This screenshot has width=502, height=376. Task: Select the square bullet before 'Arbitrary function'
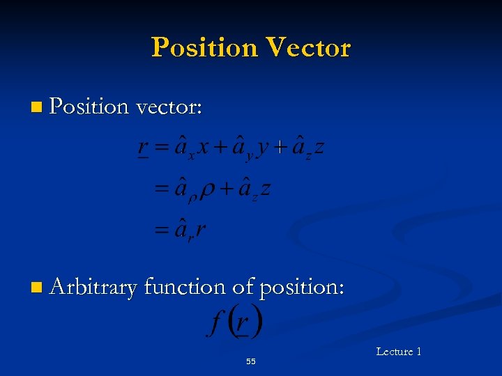tap(36, 288)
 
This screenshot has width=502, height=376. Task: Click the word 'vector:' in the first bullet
tap(169, 107)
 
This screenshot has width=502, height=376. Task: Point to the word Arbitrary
tap(93, 288)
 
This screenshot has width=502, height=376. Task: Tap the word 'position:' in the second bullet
tap(301, 288)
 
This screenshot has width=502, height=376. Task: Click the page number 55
tap(251, 361)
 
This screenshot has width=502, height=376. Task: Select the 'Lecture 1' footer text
tap(398, 352)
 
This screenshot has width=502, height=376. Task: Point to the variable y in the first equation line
tap(261, 149)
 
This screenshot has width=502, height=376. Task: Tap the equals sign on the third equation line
tap(162, 230)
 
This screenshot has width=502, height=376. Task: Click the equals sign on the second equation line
tap(162, 189)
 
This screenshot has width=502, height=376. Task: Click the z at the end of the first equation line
tap(319, 148)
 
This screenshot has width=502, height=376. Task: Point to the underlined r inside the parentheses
tap(242, 324)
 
